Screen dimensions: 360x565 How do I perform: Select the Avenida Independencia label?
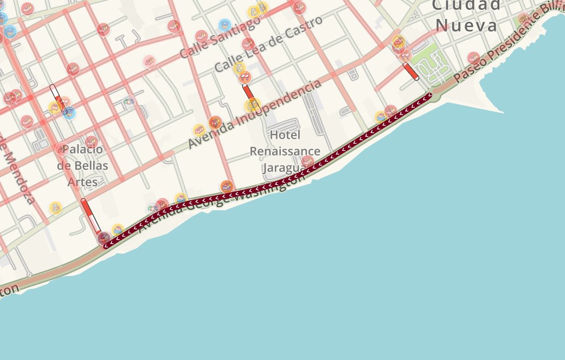pyautogui.click(x=255, y=114)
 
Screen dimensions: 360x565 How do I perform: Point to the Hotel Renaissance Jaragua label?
pyautogui.click(x=285, y=151)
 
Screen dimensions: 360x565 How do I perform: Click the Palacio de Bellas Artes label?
pyautogui.click(x=82, y=165)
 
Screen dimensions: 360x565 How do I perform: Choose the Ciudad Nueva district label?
pyautogui.click(x=466, y=16)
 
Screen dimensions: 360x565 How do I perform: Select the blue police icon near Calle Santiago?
pyautogui.click(x=224, y=24)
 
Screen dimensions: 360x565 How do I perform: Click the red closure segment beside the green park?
pyautogui.click(x=411, y=72)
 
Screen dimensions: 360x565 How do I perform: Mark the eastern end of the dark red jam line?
pyautogui.click(x=429, y=95)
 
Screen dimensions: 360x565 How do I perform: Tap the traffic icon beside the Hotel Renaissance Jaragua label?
pyautogui.click(x=307, y=161)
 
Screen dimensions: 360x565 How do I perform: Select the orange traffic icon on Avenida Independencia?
pyautogui.click(x=215, y=123)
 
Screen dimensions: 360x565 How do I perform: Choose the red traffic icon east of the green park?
pyautogui.click(x=473, y=57)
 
